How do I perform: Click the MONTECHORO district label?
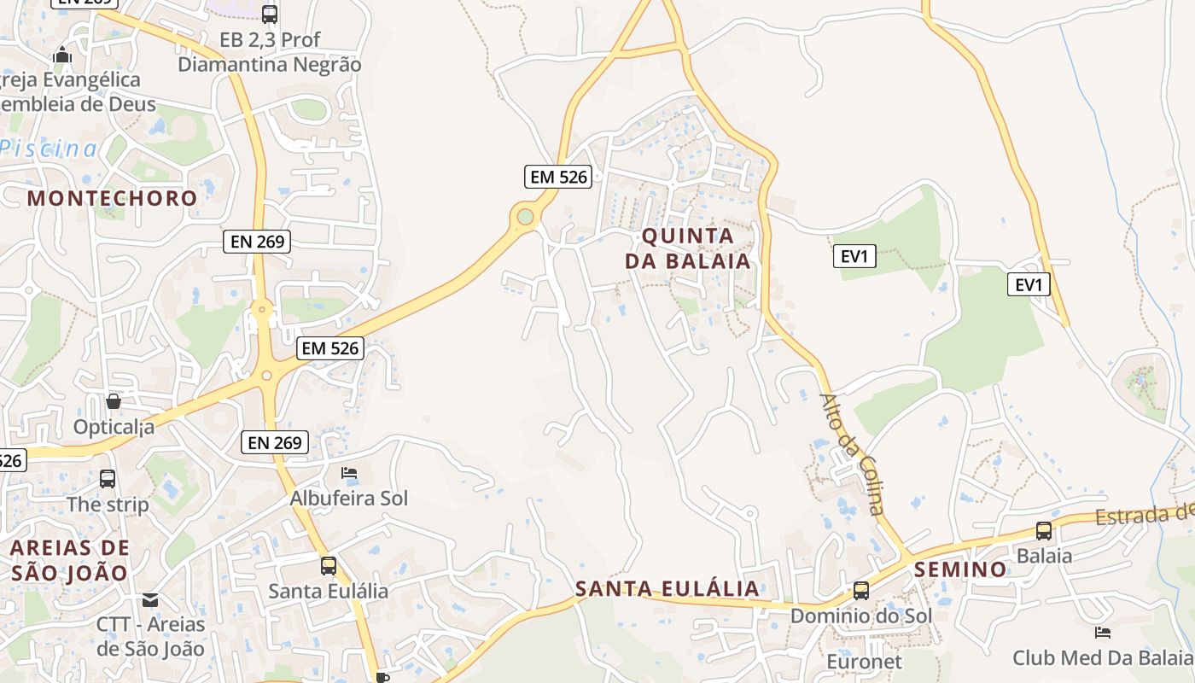(x=112, y=198)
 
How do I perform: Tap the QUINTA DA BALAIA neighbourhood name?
(x=688, y=248)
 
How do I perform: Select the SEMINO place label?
(x=960, y=569)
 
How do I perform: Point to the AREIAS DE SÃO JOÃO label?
(x=70, y=560)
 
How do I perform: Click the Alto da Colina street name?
(x=851, y=453)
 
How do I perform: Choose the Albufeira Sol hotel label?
(x=349, y=498)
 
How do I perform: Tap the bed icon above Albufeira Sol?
(x=349, y=473)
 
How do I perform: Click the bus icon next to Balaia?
(x=1044, y=531)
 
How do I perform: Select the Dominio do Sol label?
(x=861, y=616)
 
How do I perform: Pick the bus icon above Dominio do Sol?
(x=861, y=591)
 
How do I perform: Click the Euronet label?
(x=865, y=662)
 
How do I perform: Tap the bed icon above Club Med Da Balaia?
(x=1103, y=633)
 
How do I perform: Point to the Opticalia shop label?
(x=114, y=426)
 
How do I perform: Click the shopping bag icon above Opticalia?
(x=114, y=400)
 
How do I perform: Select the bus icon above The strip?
(x=108, y=479)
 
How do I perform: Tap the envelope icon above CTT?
(x=150, y=600)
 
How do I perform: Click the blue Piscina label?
(x=50, y=149)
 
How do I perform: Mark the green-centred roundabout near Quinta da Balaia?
(x=525, y=217)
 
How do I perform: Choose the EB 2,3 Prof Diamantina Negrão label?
(x=270, y=52)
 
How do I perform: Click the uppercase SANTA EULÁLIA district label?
(x=667, y=588)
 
